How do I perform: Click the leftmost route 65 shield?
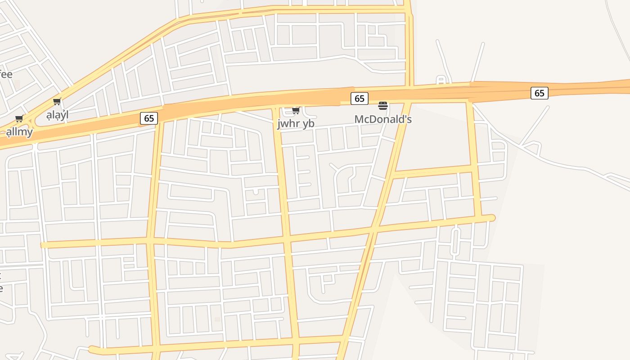click(x=149, y=118)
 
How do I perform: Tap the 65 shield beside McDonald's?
click(x=359, y=98)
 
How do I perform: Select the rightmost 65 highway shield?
click(x=539, y=93)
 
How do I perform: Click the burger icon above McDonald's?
click(x=383, y=106)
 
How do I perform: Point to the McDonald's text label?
click(x=383, y=119)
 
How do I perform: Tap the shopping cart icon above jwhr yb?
click(x=296, y=110)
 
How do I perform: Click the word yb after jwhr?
click(x=309, y=124)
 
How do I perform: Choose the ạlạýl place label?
click(x=58, y=115)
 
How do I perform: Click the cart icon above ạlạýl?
click(x=57, y=102)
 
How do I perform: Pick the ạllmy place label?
click(x=19, y=132)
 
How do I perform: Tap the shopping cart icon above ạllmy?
click(x=19, y=119)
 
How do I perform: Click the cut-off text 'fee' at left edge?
click(x=5, y=74)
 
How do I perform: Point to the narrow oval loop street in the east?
click(x=455, y=241)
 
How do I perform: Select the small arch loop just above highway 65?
click(x=441, y=81)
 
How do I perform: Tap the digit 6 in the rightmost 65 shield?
click(x=536, y=93)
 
